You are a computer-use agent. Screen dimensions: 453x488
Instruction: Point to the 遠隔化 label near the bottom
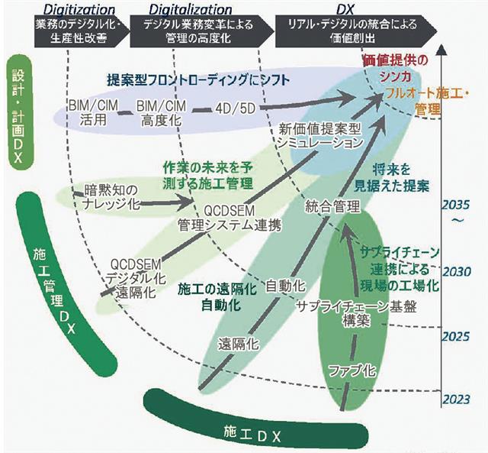236,341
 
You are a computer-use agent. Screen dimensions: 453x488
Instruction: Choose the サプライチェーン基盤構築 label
345,312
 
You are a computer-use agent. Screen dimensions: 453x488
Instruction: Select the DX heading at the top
347,9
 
